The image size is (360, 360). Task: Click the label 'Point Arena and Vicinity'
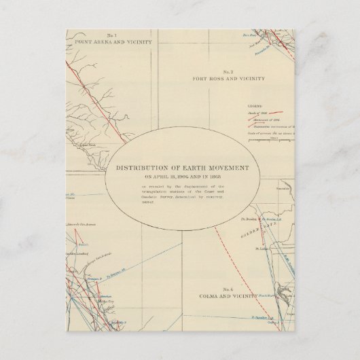coord(111,41)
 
